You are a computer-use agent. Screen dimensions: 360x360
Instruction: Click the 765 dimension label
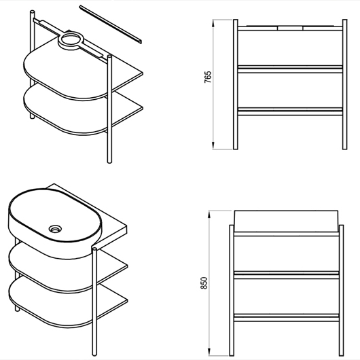208,77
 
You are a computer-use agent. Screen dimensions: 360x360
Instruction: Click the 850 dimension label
204,283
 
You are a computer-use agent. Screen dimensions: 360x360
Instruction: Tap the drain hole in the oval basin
55,229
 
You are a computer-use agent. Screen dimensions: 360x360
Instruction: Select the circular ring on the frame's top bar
70,40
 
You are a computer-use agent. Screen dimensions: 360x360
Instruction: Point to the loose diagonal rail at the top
111,24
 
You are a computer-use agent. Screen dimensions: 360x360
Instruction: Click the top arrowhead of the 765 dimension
213,23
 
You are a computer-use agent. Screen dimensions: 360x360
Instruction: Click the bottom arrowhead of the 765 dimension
213,145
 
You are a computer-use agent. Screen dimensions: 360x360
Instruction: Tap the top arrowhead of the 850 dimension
209,215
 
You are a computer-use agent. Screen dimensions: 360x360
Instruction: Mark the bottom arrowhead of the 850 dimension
209,352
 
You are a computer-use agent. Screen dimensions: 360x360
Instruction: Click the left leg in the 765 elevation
235,84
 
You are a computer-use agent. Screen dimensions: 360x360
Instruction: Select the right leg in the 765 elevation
344,84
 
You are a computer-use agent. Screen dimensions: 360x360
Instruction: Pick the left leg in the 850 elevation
232,291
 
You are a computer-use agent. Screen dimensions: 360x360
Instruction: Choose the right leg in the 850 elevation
342,291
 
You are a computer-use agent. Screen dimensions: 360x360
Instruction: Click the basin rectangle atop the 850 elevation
286,221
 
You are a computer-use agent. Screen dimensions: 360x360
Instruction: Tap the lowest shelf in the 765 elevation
290,111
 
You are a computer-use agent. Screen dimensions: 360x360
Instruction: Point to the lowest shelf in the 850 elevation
287,317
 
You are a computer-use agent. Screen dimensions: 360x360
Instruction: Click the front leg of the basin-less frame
110,109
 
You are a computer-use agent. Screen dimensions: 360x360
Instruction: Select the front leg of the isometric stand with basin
94,302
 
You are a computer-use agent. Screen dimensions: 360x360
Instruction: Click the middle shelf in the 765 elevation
290,69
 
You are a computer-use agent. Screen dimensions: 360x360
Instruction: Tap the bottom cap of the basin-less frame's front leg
110,162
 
